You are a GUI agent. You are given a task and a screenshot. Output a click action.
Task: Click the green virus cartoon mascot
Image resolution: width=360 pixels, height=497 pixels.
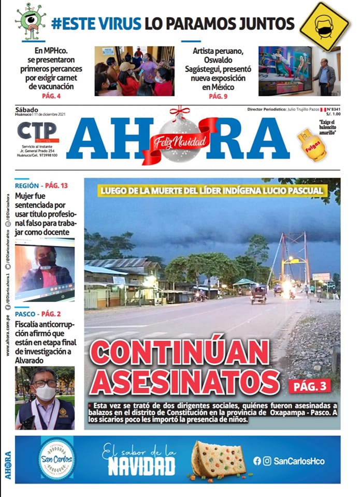coord(31,20)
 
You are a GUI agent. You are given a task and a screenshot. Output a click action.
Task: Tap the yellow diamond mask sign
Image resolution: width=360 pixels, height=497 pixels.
coord(324,26)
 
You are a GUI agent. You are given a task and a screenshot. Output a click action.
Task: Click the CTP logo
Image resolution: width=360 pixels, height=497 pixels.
coord(38,131)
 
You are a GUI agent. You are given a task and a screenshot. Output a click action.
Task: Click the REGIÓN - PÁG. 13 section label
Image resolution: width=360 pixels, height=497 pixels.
coord(41,185)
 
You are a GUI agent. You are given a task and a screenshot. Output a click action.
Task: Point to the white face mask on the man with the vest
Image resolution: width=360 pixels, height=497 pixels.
coord(46,392)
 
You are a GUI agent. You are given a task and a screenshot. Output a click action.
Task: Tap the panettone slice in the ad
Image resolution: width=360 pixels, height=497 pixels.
coord(218,459)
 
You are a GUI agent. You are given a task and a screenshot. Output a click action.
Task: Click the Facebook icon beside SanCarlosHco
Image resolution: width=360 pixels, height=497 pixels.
coord(257,461)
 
